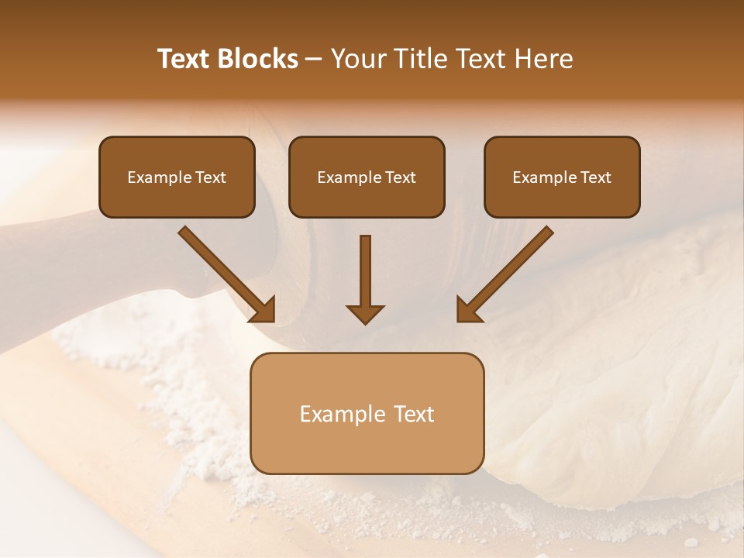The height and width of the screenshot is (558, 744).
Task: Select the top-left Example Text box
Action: [177, 177]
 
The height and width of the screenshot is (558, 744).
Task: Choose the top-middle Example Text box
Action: [367, 177]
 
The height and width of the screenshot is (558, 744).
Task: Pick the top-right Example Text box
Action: [562, 177]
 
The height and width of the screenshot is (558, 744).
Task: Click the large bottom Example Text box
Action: [367, 413]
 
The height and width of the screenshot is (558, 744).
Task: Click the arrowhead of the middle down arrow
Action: [365, 313]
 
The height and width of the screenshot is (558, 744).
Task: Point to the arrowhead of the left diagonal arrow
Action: [263, 310]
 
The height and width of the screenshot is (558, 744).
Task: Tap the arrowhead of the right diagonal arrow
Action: [468, 310]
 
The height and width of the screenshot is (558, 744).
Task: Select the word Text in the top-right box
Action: [595, 177]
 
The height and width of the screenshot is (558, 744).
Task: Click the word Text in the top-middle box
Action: [400, 177]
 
